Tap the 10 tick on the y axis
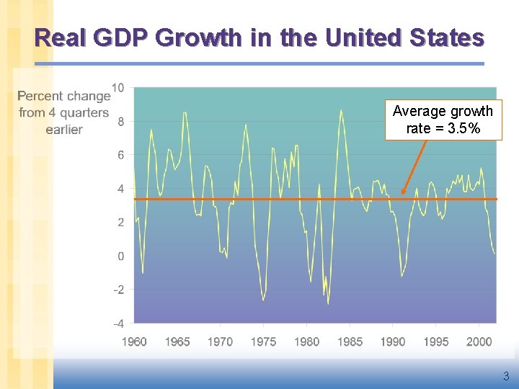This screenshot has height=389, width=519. point(117,88)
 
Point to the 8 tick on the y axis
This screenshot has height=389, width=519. point(121,122)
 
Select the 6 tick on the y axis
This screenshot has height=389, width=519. point(121,155)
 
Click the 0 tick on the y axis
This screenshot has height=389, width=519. point(121,256)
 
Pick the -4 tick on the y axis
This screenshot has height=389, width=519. point(119,323)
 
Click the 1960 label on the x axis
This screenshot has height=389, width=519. point(135,341)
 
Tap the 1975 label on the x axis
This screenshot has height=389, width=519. point(264,341)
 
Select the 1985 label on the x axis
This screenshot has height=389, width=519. point(350,341)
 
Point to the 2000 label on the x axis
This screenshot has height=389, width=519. point(479,341)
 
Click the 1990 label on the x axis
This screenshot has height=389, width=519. point(394,341)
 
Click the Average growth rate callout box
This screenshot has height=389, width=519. point(443,120)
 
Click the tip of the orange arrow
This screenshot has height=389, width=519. point(402,194)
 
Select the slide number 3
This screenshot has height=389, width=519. point(506,376)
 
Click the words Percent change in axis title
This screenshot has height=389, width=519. point(64,96)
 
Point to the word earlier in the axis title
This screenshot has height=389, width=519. point(64,130)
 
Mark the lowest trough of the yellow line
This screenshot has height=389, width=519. point(328,304)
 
